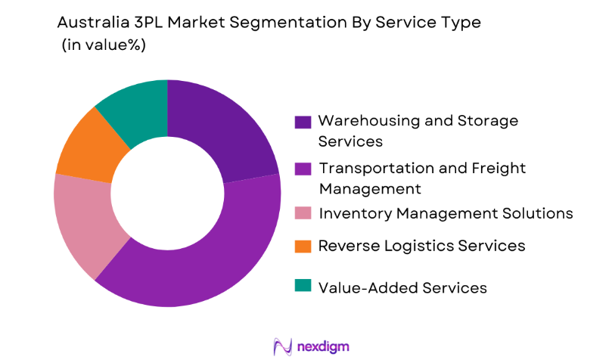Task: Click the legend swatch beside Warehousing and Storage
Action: (303, 122)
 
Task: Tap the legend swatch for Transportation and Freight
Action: (303, 169)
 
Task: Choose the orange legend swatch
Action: (303, 246)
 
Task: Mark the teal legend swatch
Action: (303, 286)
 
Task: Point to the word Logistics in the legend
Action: (409, 246)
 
